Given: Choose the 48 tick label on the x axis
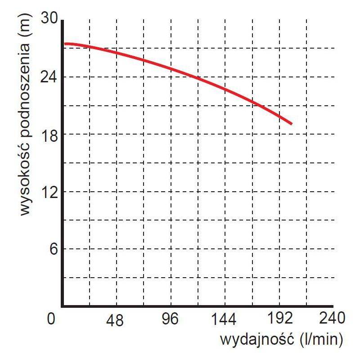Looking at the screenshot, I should [x=116, y=320].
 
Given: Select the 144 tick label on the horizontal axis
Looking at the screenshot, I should [x=224, y=320].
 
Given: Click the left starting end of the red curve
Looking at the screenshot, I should [x=65, y=44].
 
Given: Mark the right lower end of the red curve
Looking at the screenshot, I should [x=292, y=123].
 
